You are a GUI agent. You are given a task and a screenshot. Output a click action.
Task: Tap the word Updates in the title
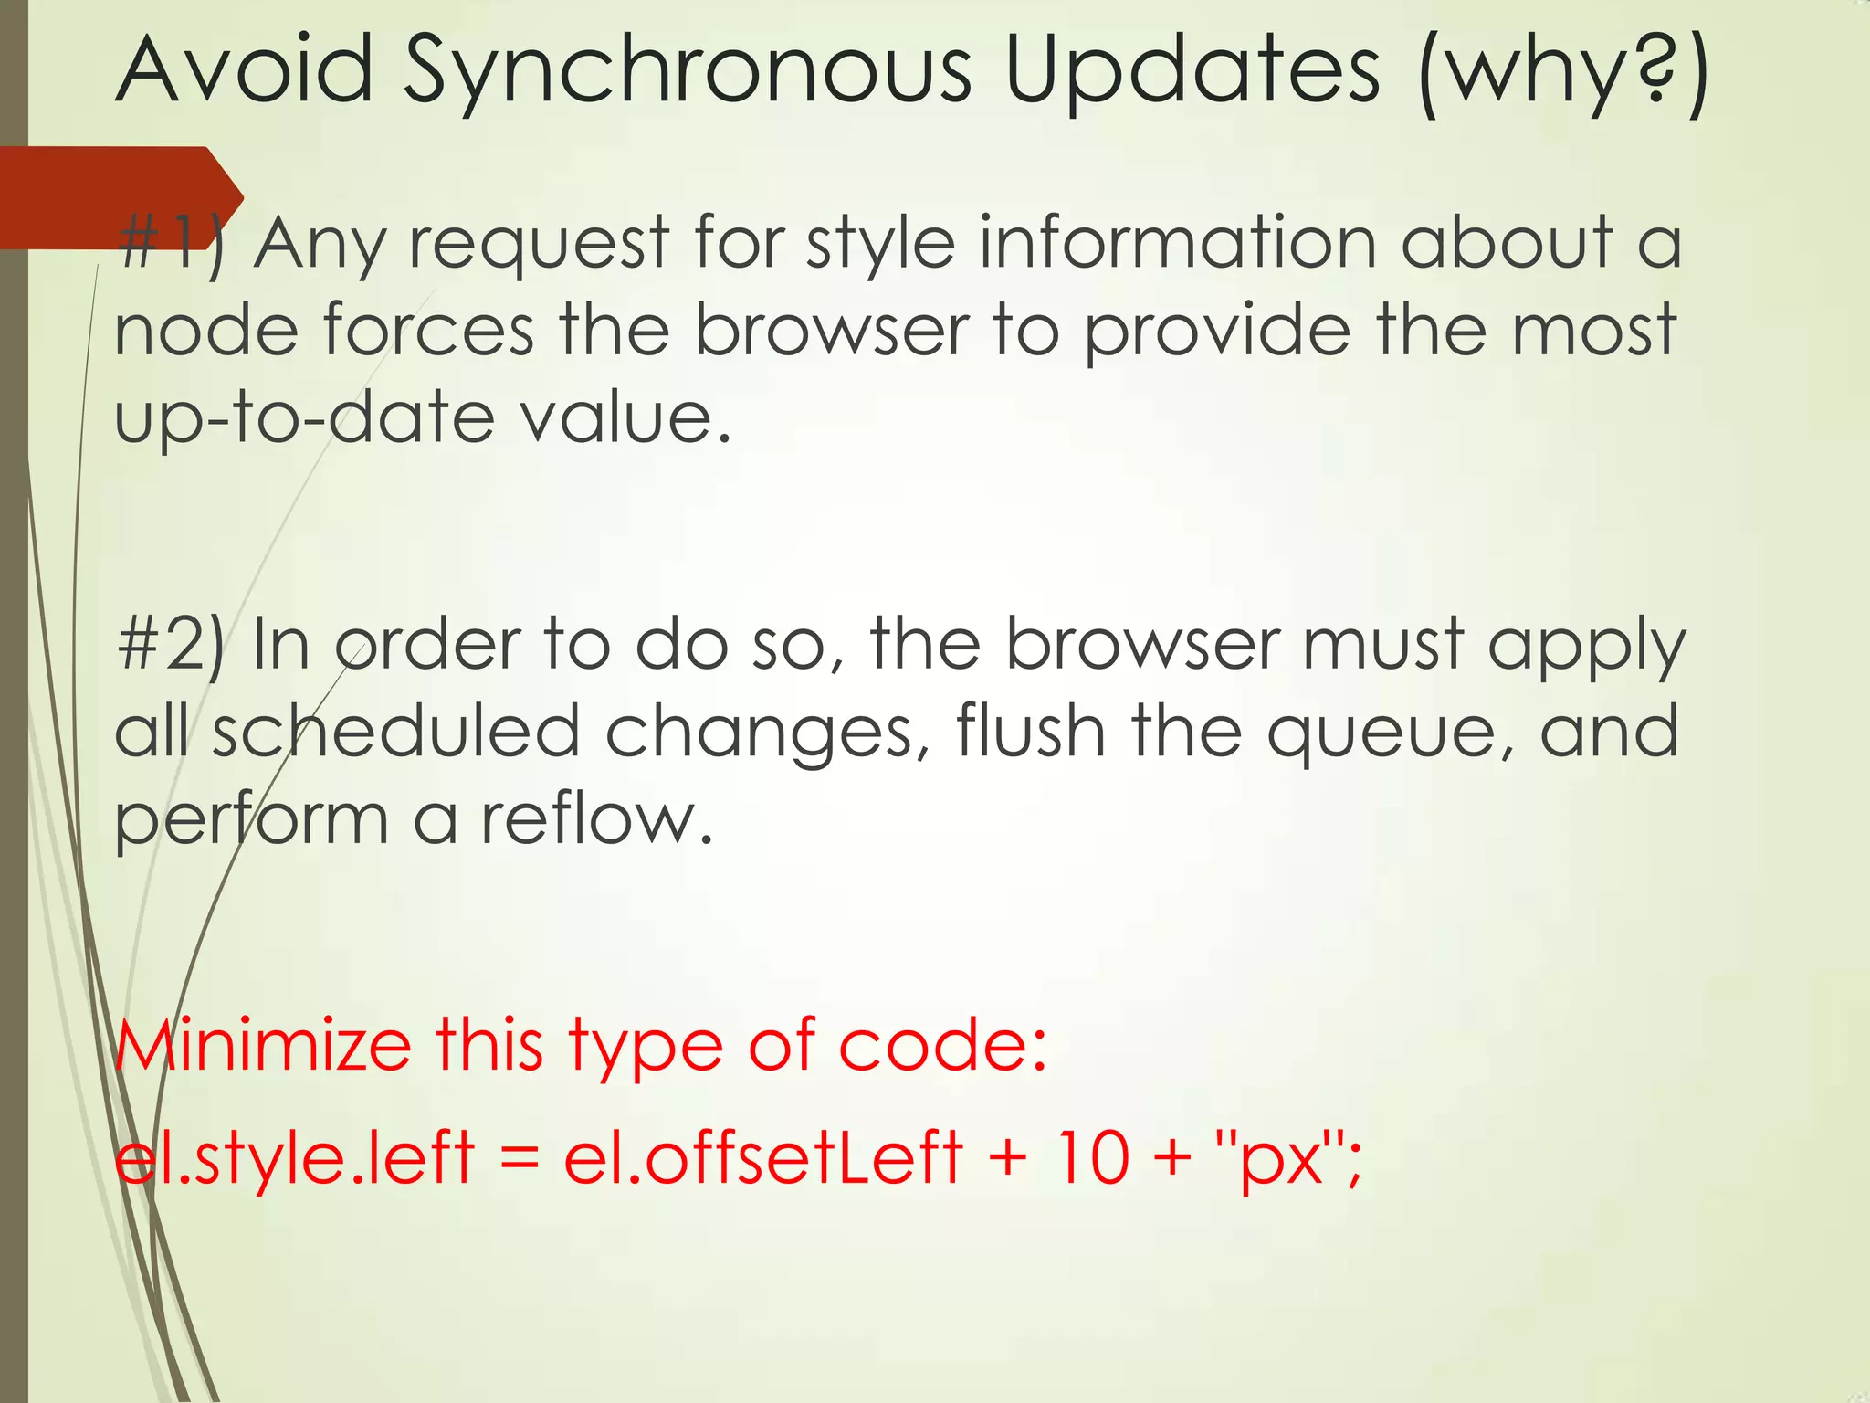pyautogui.click(x=1192, y=73)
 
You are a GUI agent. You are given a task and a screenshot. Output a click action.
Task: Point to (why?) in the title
pyautogui.click(x=1563, y=73)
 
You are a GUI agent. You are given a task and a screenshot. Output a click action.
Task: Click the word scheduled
pyautogui.click(x=396, y=731)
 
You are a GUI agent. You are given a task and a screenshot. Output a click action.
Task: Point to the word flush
pyautogui.click(x=1031, y=731)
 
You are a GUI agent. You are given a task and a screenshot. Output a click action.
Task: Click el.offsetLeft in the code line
pyautogui.click(x=762, y=1157)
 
